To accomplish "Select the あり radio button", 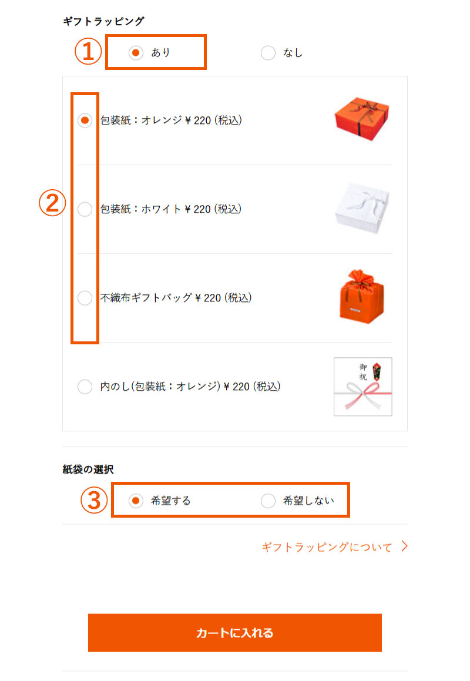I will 136,53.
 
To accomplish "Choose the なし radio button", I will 268,53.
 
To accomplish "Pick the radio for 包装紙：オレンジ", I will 85,120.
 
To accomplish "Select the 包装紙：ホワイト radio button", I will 85,209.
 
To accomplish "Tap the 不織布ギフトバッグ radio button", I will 85,298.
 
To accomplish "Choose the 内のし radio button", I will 85,387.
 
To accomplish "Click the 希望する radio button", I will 136,501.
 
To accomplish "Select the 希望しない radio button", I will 268,501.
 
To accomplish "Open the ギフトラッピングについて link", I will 327,547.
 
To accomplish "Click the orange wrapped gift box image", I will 362,120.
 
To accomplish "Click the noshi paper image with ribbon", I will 362,387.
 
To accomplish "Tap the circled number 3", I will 94,501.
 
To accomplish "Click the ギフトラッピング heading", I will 103,21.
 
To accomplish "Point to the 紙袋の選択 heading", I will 88,469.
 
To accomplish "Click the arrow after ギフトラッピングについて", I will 404,546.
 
